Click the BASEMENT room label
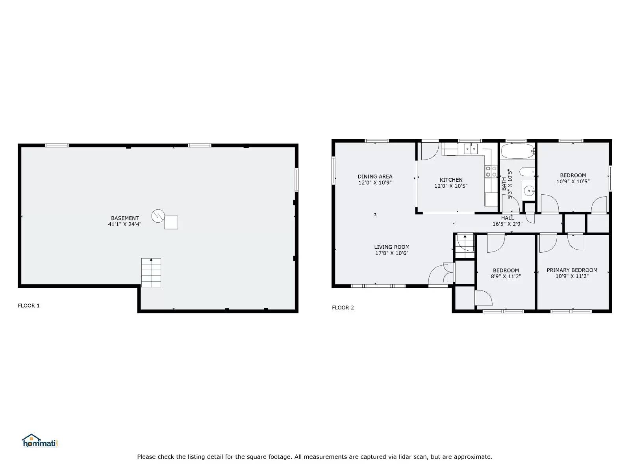(125, 218)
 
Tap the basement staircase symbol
(151, 273)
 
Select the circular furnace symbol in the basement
(158, 216)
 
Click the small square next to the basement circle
(171, 222)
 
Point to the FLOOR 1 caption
(29, 305)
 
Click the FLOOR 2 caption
(343, 307)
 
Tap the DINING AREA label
(375, 177)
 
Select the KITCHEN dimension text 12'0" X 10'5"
(451, 186)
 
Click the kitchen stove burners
(491, 171)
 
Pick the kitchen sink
(471, 149)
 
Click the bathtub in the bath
(517, 151)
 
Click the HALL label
(508, 218)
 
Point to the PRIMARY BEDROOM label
(572, 270)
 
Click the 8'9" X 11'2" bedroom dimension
(506, 277)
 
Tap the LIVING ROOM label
(392, 247)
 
